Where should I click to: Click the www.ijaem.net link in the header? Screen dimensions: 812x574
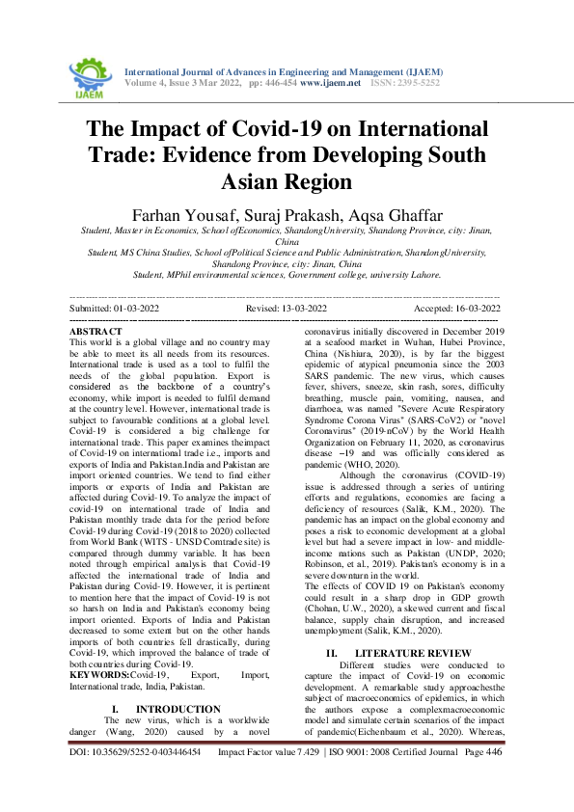pos(330,84)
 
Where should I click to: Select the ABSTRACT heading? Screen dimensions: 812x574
pos(96,331)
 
